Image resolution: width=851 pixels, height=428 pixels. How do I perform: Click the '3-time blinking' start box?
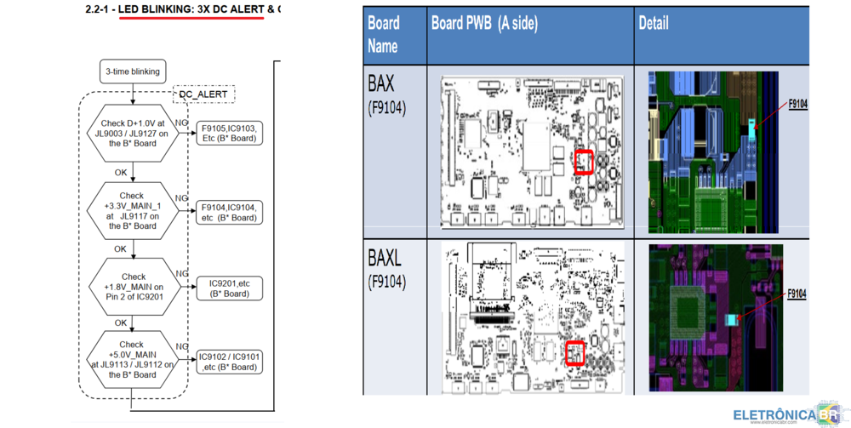pyautogui.click(x=133, y=71)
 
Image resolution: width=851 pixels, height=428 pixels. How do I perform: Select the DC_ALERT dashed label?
pyautogui.click(x=203, y=94)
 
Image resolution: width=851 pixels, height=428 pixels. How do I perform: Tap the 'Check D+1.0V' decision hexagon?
pyautogui.click(x=132, y=134)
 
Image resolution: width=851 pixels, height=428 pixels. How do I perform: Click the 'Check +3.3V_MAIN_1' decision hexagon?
pyautogui.click(x=132, y=211)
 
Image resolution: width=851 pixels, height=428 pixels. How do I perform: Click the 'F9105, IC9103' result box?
pyautogui.click(x=228, y=133)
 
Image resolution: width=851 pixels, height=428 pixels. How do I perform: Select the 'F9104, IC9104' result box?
pyautogui.click(x=228, y=212)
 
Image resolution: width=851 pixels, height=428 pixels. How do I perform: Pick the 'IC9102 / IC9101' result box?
pyautogui.click(x=228, y=362)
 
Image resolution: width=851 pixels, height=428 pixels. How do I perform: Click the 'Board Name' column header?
pyautogui.click(x=384, y=35)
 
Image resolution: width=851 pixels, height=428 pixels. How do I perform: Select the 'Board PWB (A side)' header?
pyautogui.click(x=484, y=25)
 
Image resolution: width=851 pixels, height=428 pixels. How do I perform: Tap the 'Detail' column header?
pyautogui.click(x=654, y=24)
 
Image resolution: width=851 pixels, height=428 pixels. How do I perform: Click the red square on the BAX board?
pyautogui.click(x=583, y=163)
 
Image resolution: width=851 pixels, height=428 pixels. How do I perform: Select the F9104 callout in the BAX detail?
pyautogui.click(x=797, y=104)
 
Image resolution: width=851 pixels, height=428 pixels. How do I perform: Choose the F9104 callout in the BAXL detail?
pyautogui.click(x=797, y=294)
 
